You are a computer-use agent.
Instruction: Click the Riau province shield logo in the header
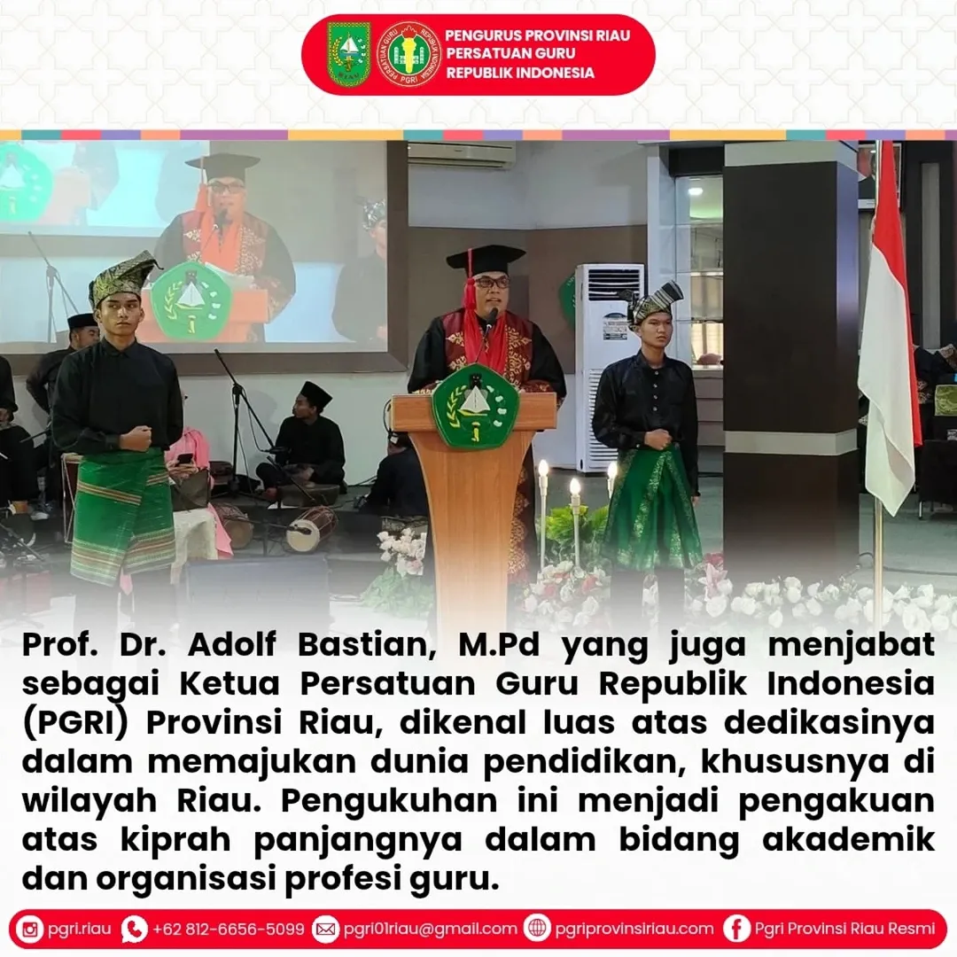[x=348, y=54]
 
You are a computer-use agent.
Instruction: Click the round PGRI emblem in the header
[x=409, y=54]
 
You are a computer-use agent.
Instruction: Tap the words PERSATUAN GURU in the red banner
[x=510, y=53]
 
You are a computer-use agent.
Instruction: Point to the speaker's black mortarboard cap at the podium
[x=486, y=260]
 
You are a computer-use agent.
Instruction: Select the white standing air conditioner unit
[x=608, y=366]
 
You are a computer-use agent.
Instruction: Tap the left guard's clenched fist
[x=139, y=437]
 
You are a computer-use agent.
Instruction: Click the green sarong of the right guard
[x=652, y=509]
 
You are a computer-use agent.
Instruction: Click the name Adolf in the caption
[x=231, y=644]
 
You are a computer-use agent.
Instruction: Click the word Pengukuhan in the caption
[x=389, y=802]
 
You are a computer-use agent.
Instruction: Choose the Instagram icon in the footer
[x=30, y=929]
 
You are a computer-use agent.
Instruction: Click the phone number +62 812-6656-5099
[x=229, y=929]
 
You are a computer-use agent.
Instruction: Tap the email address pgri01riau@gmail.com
[x=431, y=929]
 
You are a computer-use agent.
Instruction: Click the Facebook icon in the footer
[x=736, y=929]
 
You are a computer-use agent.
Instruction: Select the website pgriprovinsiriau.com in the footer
[x=634, y=929]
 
